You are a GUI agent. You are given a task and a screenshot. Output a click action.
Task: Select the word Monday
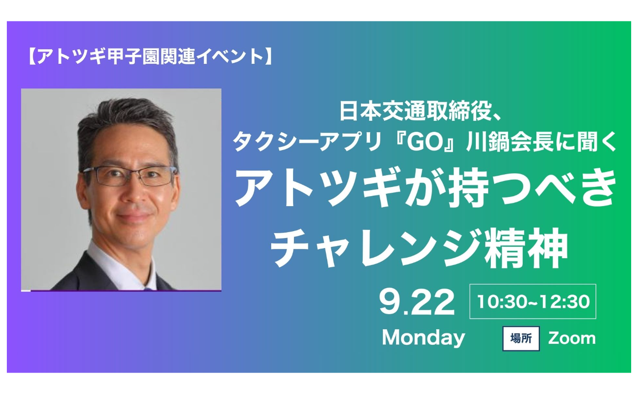point(423,338)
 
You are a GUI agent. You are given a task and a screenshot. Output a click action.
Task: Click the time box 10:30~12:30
point(533,301)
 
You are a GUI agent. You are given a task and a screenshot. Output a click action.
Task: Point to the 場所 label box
point(521,338)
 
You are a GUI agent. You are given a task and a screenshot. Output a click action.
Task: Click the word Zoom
point(572,338)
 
